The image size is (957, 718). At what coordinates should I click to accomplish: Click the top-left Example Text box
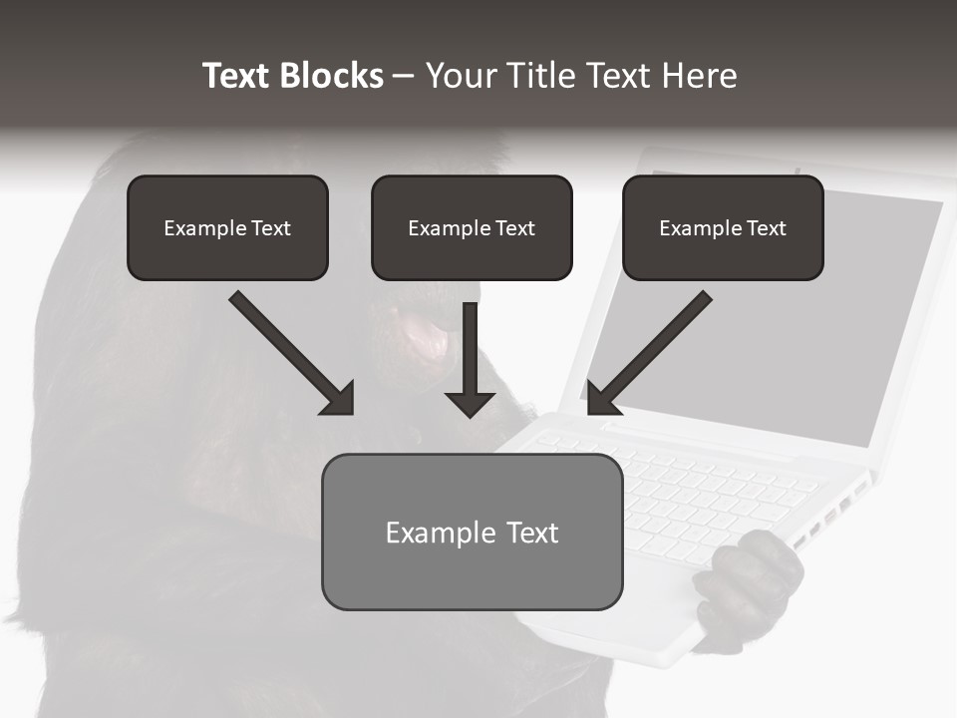pyautogui.click(x=227, y=227)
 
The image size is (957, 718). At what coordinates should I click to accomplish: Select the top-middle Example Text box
pyautogui.click(x=472, y=227)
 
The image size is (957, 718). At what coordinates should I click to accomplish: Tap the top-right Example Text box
pyautogui.click(x=723, y=227)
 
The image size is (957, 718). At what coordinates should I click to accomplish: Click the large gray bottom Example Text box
pyautogui.click(x=472, y=532)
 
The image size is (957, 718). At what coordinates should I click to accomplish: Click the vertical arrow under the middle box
pyautogui.click(x=470, y=349)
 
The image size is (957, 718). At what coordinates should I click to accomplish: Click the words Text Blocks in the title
pyautogui.click(x=293, y=76)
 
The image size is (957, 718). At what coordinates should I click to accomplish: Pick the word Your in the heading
pyautogui.click(x=461, y=76)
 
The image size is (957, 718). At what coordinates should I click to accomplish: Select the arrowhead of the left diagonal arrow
pyautogui.click(x=339, y=399)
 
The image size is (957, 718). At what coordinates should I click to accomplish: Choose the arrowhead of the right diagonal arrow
pyautogui.click(x=601, y=399)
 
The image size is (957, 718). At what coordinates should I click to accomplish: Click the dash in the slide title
pyautogui.click(x=404, y=76)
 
